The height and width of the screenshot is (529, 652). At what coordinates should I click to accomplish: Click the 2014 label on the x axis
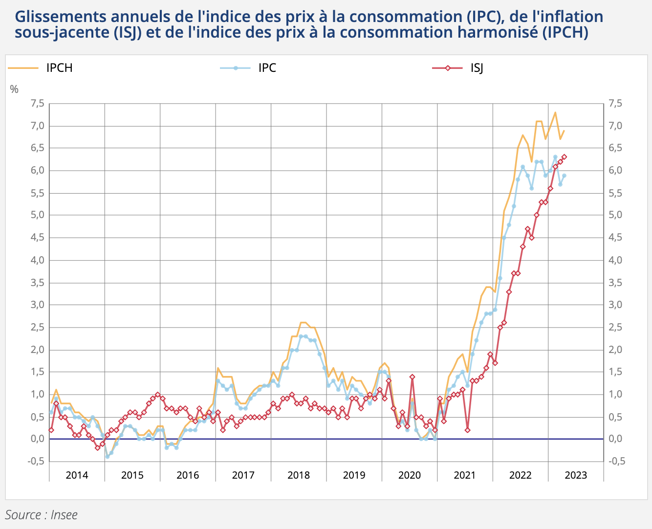(77, 475)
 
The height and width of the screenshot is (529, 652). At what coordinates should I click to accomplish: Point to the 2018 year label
(299, 475)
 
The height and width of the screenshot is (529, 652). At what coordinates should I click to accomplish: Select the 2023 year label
(576, 475)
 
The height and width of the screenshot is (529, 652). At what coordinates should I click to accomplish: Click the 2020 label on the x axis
(410, 475)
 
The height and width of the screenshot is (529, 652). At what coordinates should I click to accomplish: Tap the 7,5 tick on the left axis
(37, 103)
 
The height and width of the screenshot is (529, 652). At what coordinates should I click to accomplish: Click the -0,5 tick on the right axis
(616, 461)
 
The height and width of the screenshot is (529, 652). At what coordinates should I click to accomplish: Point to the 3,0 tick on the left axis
(37, 305)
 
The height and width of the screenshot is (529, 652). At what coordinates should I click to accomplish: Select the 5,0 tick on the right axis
(615, 215)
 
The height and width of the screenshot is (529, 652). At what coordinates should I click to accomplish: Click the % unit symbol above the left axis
(14, 89)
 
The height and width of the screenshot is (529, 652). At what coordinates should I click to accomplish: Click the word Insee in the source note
(64, 515)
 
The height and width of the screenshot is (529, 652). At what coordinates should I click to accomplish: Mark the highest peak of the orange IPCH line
(555, 112)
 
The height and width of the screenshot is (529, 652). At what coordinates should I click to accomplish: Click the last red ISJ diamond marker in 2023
(564, 157)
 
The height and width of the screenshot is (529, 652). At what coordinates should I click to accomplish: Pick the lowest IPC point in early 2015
(107, 457)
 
